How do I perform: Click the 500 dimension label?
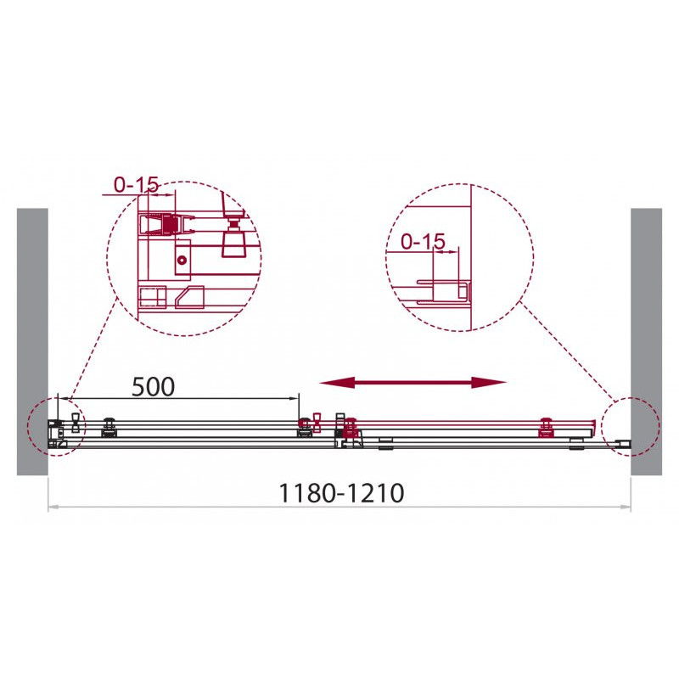pyautogui.click(x=154, y=387)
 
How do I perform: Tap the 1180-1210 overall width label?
pyautogui.click(x=342, y=493)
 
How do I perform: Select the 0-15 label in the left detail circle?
pyautogui.click(x=137, y=185)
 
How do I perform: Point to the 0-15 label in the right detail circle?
pyautogui.click(x=423, y=241)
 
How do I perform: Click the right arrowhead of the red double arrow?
pyautogui.click(x=489, y=383)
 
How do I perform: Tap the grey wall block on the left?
pyautogui.click(x=32, y=342)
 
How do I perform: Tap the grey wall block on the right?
pyautogui.click(x=646, y=342)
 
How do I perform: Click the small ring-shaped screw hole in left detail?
pyautogui.click(x=182, y=260)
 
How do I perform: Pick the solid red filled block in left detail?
pyautogui.click(x=170, y=224)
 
